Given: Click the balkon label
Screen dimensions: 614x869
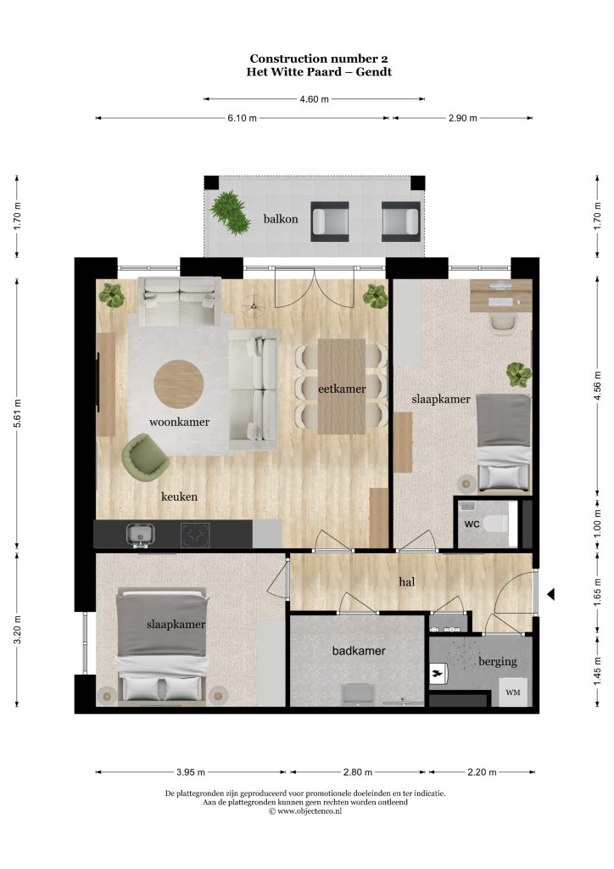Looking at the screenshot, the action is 280,219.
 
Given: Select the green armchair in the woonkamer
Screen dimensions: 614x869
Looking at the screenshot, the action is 145,456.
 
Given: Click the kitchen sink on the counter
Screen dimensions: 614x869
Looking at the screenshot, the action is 141,535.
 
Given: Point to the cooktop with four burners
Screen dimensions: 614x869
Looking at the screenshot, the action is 195,535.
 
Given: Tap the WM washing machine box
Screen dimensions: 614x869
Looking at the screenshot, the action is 513,692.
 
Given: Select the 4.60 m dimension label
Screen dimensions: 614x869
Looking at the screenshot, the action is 314,99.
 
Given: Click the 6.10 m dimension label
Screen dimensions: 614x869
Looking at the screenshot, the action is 242,118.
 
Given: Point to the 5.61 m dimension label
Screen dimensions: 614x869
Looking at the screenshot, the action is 17,413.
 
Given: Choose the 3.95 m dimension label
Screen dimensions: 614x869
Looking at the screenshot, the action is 191,772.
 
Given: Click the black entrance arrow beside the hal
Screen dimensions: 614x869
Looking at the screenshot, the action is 551,594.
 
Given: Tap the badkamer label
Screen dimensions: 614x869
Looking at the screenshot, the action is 359,651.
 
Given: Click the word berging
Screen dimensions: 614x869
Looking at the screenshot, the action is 498,661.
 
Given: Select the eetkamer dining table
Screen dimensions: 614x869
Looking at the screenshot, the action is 342,386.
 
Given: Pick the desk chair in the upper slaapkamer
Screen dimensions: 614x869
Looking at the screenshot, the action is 503,323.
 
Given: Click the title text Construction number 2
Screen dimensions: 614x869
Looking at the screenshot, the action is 318,59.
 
